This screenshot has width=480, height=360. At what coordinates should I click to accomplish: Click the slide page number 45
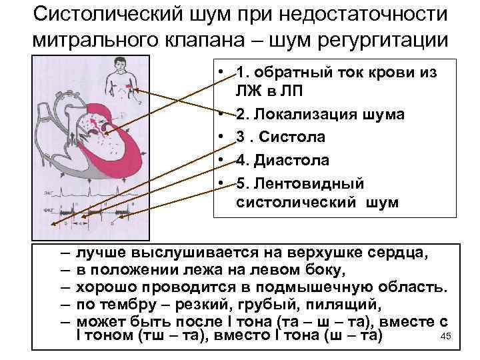[x=447, y=336]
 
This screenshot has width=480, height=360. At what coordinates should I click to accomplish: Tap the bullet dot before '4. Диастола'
[x=219, y=161]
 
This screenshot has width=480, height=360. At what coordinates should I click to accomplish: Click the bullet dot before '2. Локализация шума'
[x=219, y=115]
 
